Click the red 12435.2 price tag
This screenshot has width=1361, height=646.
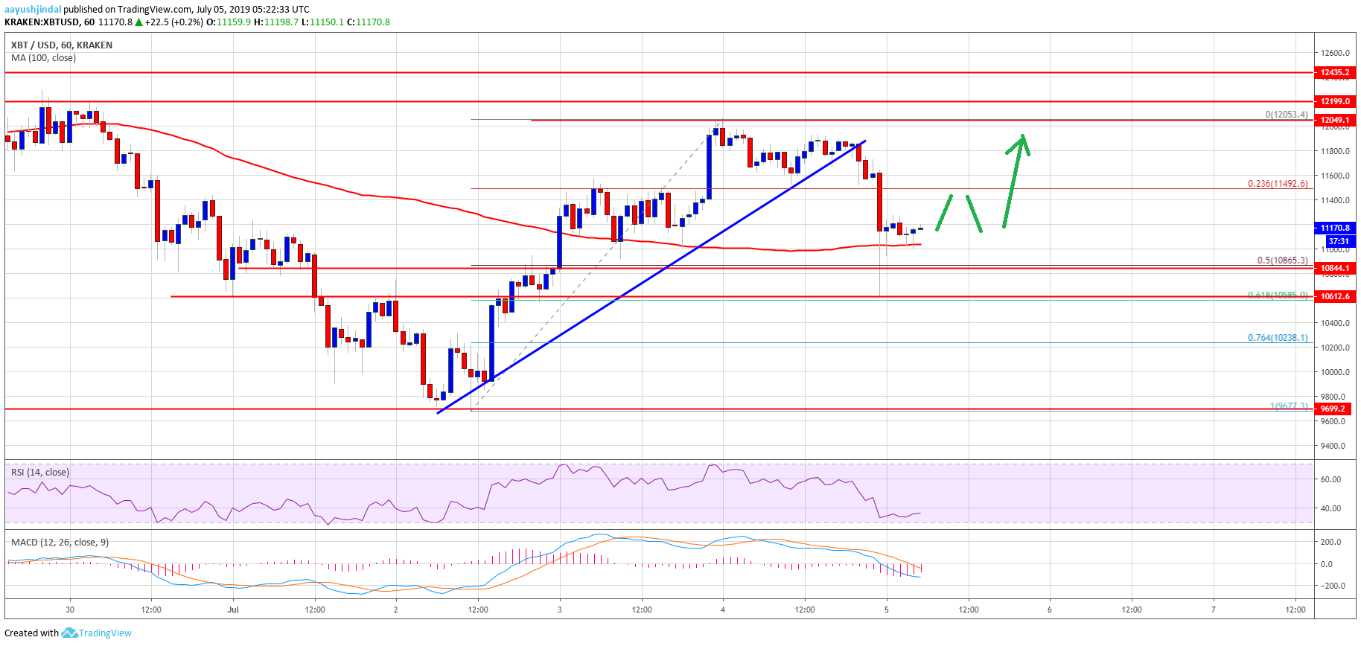coord(1334,73)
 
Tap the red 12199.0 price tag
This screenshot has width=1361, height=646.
coord(1334,101)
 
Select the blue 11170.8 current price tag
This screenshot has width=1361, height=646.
coord(1334,228)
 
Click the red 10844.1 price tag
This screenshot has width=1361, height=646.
coord(1334,268)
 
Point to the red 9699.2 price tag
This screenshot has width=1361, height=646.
coord(1334,409)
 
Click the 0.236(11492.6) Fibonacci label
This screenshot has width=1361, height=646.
coord(1277,184)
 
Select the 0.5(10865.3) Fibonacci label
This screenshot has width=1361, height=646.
coord(1281,260)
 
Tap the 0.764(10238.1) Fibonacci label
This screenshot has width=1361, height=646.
coord(1277,338)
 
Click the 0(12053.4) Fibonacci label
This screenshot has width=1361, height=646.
coord(1286,115)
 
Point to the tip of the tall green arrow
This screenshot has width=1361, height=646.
coord(1024,135)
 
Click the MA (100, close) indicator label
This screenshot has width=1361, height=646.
coord(43,58)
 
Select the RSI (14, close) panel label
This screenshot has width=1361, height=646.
coord(40,473)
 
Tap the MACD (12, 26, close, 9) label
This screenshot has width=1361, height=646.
coord(60,543)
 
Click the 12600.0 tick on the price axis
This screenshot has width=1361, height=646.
coord(1336,53)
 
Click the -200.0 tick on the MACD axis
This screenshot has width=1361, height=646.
coord(1333,586)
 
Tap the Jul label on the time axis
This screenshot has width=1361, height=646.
coord(233,610)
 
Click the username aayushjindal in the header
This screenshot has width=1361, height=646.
coord(33,10)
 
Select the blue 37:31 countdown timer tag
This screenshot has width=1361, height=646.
coord(1338,241)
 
